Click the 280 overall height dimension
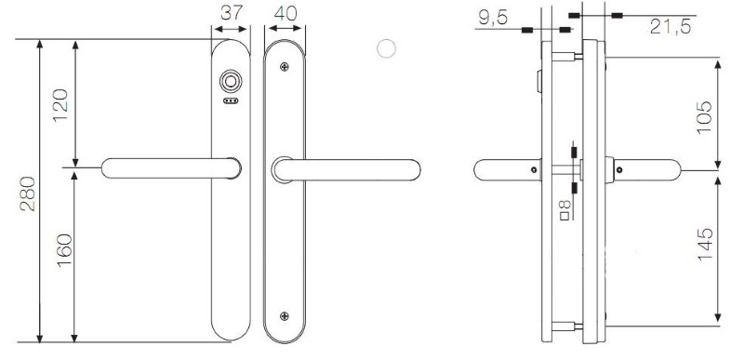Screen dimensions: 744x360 [28, 193]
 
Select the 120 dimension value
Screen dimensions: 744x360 [61, 105]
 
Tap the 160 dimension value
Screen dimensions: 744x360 [64, 250]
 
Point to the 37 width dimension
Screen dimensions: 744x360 [232, 12]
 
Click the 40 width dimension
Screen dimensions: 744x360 [286, 13]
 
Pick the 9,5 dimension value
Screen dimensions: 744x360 [493, 18]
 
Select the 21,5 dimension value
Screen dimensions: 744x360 [671, 27]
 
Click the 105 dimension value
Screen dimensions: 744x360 [705, 117]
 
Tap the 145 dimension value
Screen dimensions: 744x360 [705, 244]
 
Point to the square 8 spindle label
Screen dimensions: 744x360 [565, 210]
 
